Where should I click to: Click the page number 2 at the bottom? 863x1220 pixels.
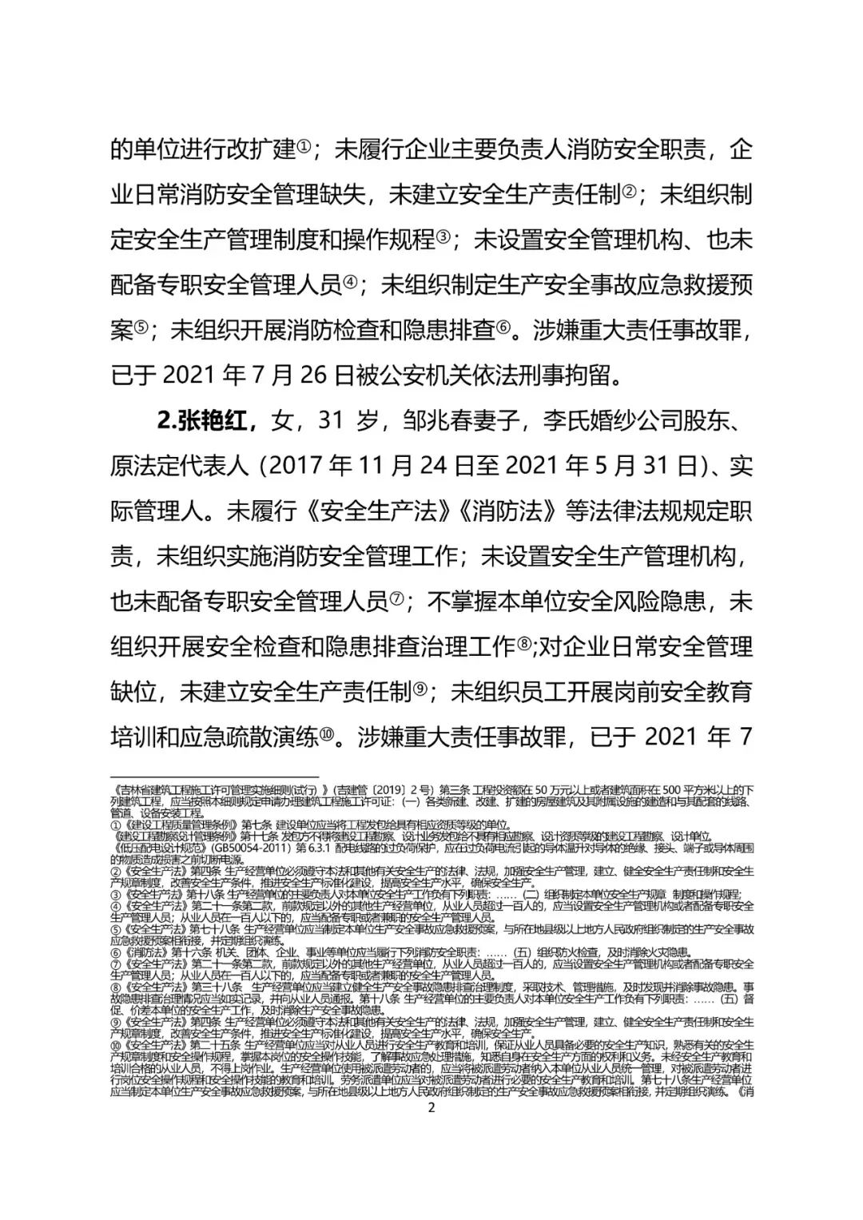click(431, 1108)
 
